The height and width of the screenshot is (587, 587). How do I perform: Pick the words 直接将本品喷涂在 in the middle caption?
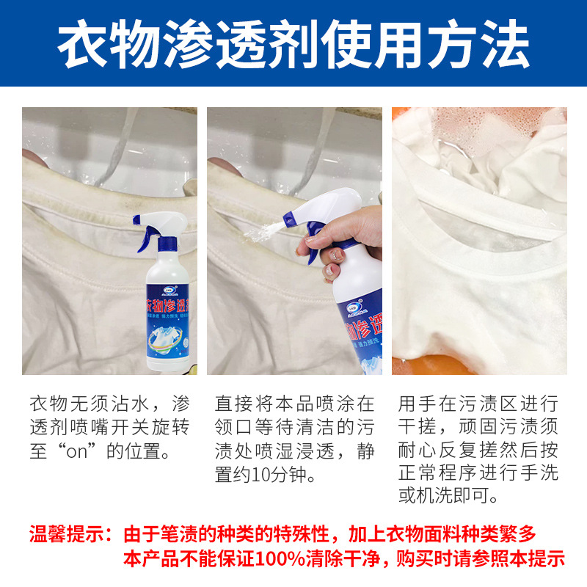click(294, 404)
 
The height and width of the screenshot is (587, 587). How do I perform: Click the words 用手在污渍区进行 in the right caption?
click(478, 404)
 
